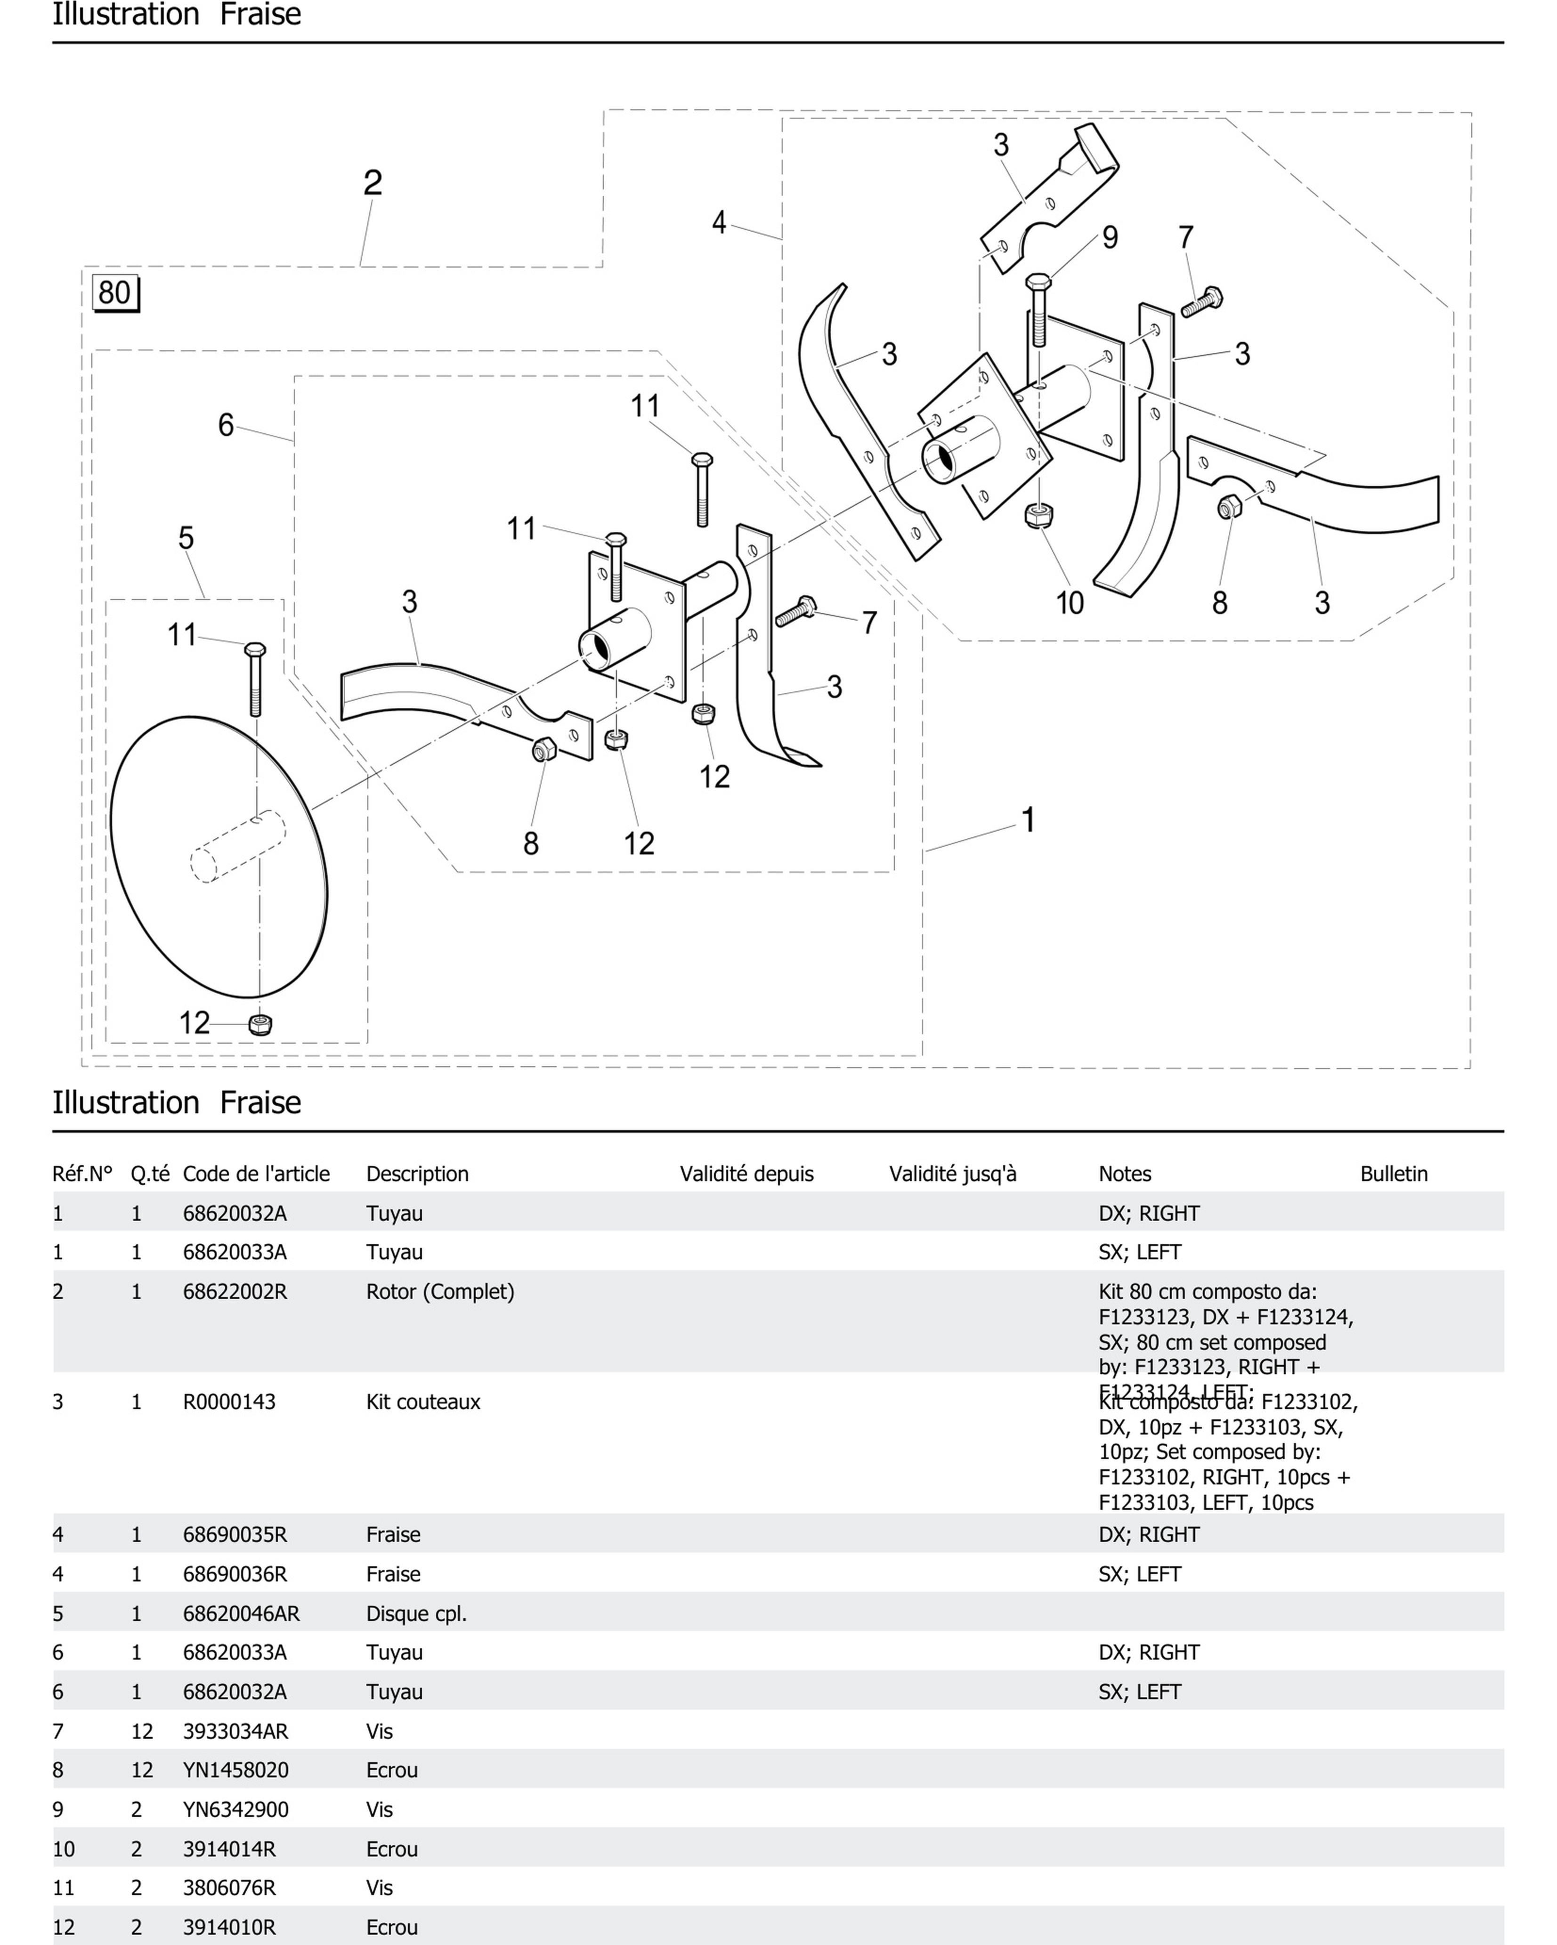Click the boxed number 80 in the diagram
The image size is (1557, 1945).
[x=114, y=293]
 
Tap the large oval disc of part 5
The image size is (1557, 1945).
[x=219, y=857]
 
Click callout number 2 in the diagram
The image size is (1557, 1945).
[x=373, y=183]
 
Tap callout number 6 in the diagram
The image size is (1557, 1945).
[x=226, y=425]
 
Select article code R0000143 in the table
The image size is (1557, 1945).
[x=229, y=1402]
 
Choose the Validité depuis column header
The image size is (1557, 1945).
[x=746, y=1174]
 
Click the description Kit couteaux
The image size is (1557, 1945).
[x=423, y=1402]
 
